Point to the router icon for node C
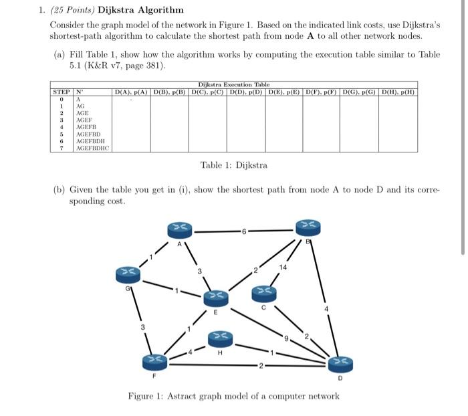263,292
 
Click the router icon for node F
155,362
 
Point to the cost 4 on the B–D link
326,310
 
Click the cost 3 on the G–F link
142,327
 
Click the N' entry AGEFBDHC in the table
92,147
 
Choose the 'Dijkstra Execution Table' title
233,84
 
